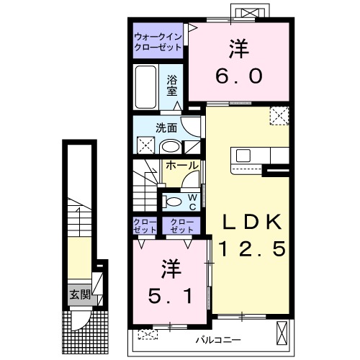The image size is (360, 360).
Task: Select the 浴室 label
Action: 173,85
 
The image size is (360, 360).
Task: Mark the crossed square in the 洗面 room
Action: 144,144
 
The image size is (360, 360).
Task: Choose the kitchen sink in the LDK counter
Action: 241,156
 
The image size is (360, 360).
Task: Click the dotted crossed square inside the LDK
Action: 279,114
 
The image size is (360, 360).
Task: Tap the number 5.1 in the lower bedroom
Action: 171,294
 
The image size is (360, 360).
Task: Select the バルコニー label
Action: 217,339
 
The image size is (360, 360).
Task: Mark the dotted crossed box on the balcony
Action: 148,334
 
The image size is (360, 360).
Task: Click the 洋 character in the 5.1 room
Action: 171,270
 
